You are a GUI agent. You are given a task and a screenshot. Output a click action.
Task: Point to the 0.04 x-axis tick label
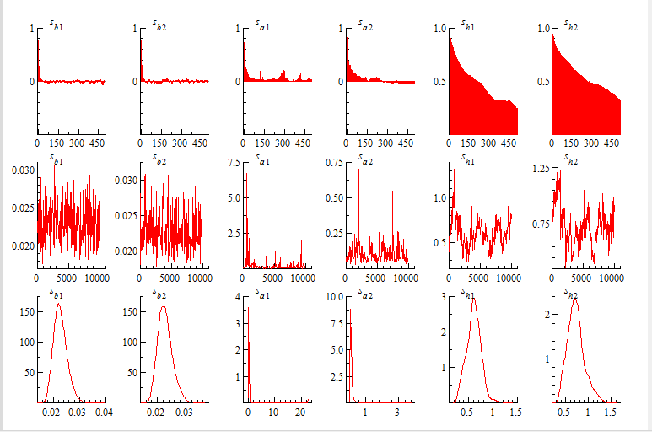click(105, 413)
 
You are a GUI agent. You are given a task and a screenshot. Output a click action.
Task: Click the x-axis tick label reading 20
click(299, 413)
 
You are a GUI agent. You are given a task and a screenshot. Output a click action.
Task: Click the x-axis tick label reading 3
click(397, 413)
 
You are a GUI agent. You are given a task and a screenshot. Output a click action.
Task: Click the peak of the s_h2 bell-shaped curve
click(574, 298)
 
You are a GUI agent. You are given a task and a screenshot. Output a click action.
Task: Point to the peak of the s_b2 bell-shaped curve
click(162, 306)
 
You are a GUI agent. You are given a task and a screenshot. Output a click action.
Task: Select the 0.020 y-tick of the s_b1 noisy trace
click(23, 246)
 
